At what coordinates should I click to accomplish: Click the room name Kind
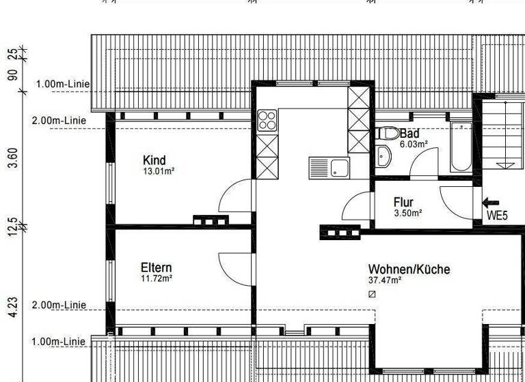(154, 160)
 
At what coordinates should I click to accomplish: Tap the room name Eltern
(156, 267)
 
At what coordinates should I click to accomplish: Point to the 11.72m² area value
(156, 278)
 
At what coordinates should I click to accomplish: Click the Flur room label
(403, 202)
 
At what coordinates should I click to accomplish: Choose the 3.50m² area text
(407, 213)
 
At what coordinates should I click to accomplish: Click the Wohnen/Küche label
(409, 269)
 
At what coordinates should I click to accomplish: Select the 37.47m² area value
(384, 280)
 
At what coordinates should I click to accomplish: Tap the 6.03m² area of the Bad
(414, 144)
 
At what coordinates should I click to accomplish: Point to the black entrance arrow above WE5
(491, 202)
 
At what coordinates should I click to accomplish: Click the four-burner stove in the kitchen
(266, 122)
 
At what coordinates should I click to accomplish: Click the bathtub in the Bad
(461, 147)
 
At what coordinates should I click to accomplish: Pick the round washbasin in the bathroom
(383, 156)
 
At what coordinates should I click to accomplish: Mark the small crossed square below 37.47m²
(372, 294)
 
